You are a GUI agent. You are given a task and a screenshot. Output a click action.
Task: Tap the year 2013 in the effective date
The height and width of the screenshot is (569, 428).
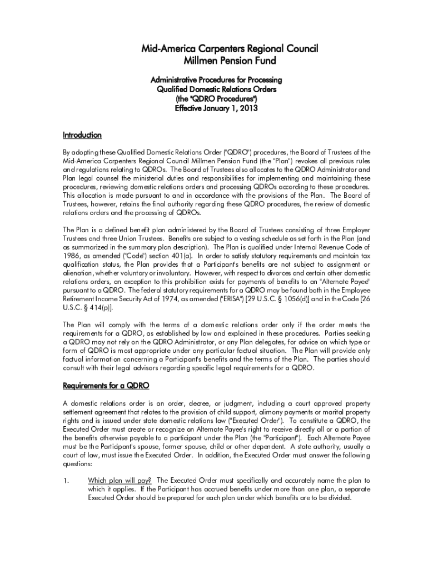pyautogui.click(x=247, y=108)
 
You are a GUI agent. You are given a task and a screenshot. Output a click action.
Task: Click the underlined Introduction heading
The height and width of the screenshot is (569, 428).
pyautogui.click(x=82, y=135)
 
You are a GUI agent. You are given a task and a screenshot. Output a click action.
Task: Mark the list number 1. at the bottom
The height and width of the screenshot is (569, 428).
pyautogui.click(x=66, y=480)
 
